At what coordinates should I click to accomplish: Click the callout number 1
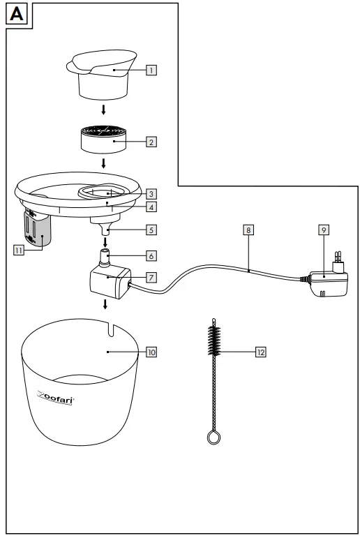pyautogui.click(x=151, y=69)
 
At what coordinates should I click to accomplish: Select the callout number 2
pyautogui.click(x=151, y=142)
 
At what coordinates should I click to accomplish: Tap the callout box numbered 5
pyautogui.click(x=151, y=228)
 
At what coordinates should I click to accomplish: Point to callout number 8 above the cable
pyautogui.click(x=248, y=228)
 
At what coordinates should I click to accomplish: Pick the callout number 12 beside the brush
pyautogui.click(x=260, y=352)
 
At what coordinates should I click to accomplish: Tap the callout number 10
pyautogui.click(x=151, y=352)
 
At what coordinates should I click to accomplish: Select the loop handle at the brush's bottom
pyautogui.click(x=213, y=437)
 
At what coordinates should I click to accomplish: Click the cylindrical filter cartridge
pyautogui.click(x=104, y=140)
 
